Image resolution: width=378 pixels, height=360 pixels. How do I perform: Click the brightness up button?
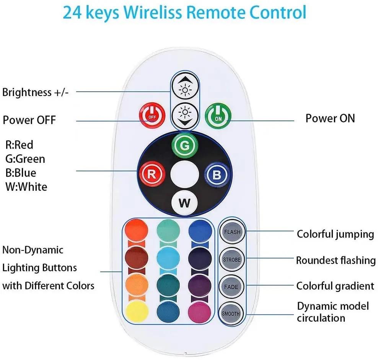185,85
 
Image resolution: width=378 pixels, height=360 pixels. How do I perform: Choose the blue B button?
217,175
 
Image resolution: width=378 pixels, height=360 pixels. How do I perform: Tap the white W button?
184,203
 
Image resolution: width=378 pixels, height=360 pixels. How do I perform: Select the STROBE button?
231,260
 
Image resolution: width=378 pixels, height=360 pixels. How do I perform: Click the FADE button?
231,287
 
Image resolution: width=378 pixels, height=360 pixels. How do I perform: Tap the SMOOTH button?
231,314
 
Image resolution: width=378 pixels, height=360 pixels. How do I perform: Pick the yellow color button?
137,311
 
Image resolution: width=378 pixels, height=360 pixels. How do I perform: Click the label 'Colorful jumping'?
335,234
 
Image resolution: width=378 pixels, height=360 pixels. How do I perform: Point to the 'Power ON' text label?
330,118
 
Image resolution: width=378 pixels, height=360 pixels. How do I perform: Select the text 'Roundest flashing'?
336,260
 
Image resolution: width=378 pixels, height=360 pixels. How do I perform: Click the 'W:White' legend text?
26,187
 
